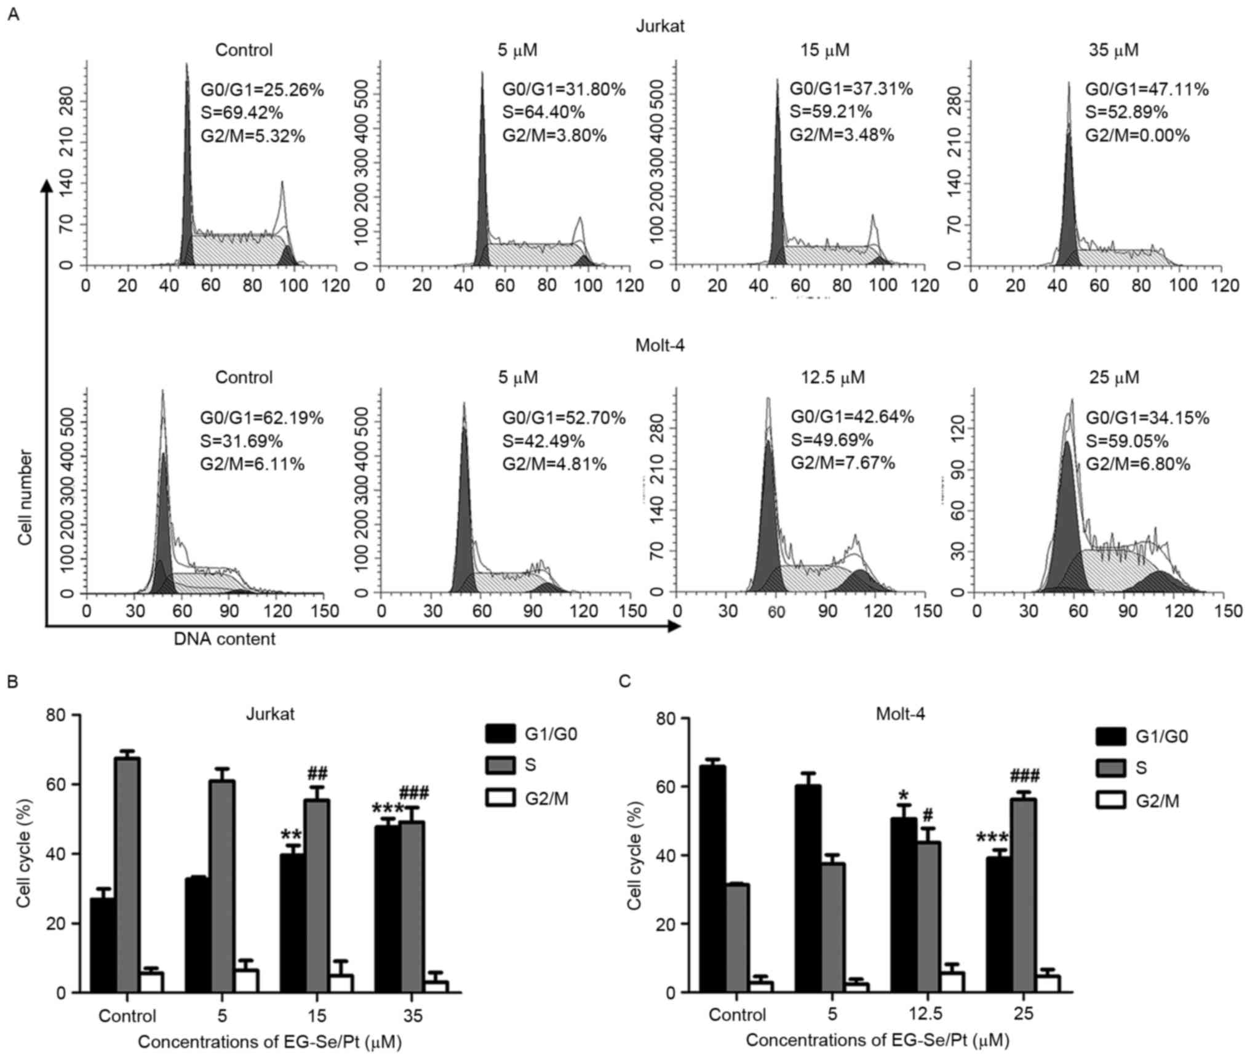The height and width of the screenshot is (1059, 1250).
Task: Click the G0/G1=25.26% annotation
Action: coord(262,90)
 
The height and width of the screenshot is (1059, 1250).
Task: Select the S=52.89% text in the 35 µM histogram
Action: coord(1126,113)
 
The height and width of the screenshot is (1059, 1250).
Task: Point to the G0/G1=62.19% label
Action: coord(261,418)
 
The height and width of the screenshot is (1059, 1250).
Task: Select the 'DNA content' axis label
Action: coord(225,639)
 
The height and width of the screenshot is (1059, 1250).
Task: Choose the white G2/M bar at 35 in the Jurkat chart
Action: coord(437,986)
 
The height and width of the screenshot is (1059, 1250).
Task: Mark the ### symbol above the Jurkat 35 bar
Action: coord(414,792)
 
